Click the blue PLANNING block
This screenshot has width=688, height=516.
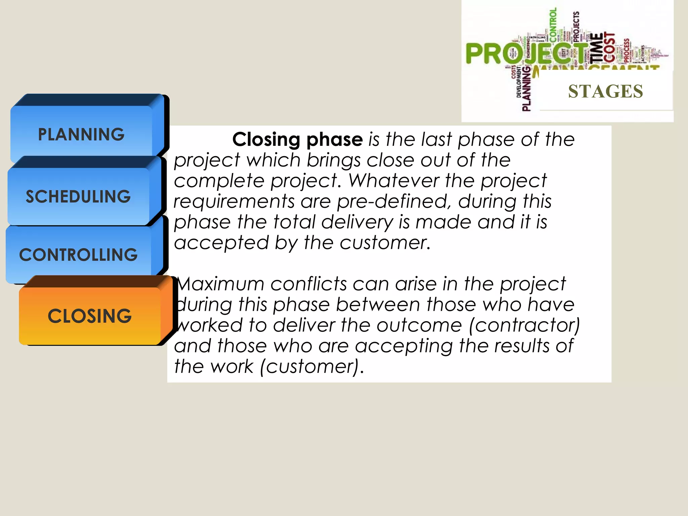[81, 134]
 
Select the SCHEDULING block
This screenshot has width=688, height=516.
[78, 197]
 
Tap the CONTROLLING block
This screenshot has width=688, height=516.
[78, 255]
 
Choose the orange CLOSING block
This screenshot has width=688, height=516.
[90, 316]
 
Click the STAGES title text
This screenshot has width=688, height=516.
[605, 91]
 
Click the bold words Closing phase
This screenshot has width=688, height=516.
[298, 139]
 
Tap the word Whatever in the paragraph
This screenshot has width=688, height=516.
[393, 181]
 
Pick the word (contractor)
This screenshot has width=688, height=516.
[524, 326]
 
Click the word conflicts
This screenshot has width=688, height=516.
[308, 284]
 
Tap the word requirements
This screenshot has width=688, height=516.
[234, 202]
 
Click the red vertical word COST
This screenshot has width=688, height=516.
[609, 47]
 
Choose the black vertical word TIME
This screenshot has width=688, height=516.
[596, 47]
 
